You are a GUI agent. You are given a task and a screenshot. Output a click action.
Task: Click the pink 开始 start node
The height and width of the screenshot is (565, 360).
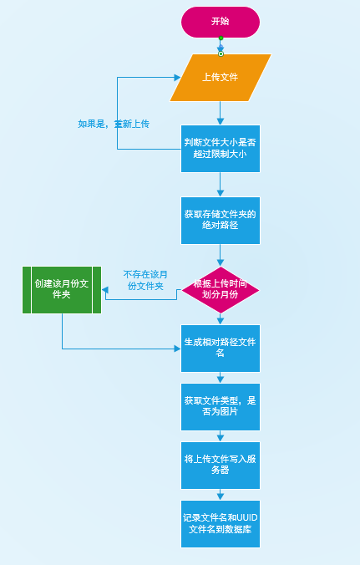click(x=220, y=22)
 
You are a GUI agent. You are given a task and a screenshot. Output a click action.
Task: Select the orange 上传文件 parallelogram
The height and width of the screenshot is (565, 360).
click(x=221, y=78)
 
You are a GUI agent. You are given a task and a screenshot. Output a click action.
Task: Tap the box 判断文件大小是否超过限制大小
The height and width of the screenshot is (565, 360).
click(x=221, y=149)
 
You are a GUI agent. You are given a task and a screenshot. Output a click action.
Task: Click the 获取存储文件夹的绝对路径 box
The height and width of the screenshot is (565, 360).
click(x=221, y=220)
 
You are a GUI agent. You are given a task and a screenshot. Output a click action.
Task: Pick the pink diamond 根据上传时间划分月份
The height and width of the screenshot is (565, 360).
click(x=221, y=289)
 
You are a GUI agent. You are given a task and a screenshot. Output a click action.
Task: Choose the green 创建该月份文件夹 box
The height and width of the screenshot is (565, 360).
click(x=62, y=289)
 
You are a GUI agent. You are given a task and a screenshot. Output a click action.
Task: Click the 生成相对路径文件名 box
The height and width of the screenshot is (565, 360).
click(x=221, y=348)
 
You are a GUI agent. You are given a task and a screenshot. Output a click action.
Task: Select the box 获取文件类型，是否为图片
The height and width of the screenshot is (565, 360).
click(x=221, y=406)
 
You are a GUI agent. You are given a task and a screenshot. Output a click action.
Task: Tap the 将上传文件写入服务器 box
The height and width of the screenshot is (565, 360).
click(x=221, y=465)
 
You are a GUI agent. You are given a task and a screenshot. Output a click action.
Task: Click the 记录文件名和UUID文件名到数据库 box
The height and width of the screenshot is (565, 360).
click(x=221, y=523)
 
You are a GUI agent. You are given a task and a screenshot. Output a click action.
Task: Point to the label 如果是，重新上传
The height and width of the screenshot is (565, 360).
click(x=114, y=124)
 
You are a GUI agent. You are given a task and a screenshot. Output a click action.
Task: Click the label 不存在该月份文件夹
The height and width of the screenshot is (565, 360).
click(x=145, y=280)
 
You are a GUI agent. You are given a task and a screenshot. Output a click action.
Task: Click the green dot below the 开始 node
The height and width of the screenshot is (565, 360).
click(x=221, y=38)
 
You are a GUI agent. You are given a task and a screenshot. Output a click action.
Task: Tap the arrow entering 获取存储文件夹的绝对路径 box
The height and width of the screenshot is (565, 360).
click(x=221, y=186)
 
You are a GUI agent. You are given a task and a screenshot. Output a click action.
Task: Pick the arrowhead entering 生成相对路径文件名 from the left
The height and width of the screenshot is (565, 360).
click(x=176, y=348)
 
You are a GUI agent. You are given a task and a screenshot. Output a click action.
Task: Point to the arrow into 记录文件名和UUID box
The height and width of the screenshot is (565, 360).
click(x=221, y=496)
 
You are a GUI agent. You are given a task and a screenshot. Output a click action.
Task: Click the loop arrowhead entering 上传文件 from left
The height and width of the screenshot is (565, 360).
click(x=176, y=78)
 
